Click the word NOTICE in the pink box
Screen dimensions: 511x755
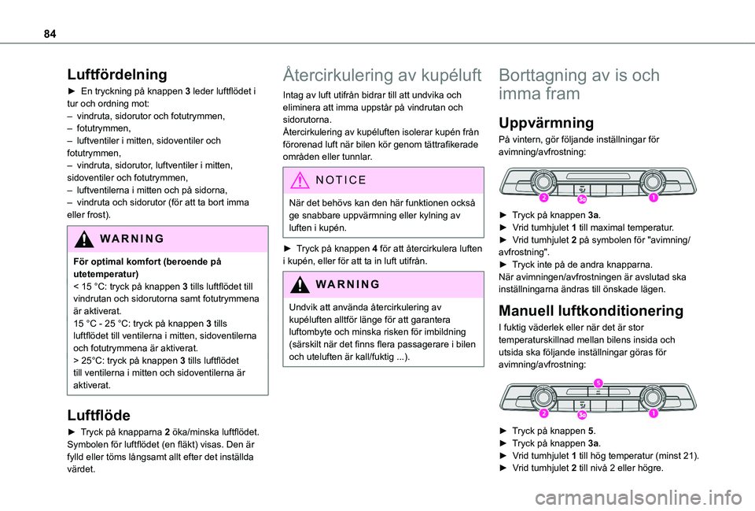click(x=341, y=180)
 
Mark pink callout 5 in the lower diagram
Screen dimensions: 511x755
click(x=598, y=383)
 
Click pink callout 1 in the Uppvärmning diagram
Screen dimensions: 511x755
click(x=653, y=199)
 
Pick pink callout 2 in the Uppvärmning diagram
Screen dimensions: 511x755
click(x=543, y=199)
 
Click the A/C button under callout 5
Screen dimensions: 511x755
click(x=598, y=391)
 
